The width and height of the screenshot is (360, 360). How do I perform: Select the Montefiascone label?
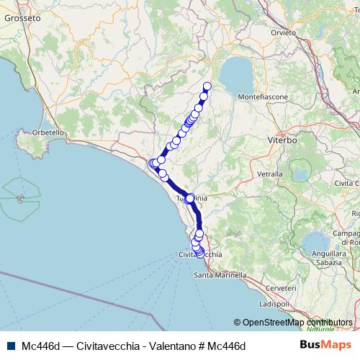click(263, 96)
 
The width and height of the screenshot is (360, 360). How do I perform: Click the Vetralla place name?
click(269, 174)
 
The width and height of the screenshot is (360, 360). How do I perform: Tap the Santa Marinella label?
click(220, 276)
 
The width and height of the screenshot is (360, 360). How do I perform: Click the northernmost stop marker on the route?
click(207, 87)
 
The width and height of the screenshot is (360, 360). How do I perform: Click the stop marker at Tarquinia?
click(189, 198)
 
